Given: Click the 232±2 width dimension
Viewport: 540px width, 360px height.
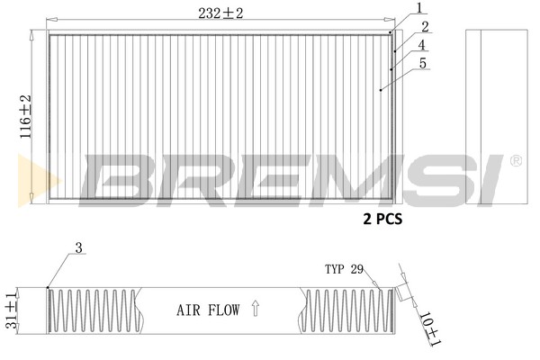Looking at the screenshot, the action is (220, 13).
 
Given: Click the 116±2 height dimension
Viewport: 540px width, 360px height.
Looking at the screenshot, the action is (26, 117).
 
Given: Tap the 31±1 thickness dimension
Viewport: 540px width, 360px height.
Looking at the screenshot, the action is (12, 310).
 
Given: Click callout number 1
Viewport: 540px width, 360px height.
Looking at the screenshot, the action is (419, 8).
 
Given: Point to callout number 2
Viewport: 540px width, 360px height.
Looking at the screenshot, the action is (426, 27).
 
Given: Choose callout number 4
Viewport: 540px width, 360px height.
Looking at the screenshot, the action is (422, 45).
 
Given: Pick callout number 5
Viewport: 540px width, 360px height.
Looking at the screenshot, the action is (423, 63).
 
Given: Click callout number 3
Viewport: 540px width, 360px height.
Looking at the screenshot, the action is (79, 247).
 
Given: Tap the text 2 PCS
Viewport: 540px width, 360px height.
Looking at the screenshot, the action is (382, 219).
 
